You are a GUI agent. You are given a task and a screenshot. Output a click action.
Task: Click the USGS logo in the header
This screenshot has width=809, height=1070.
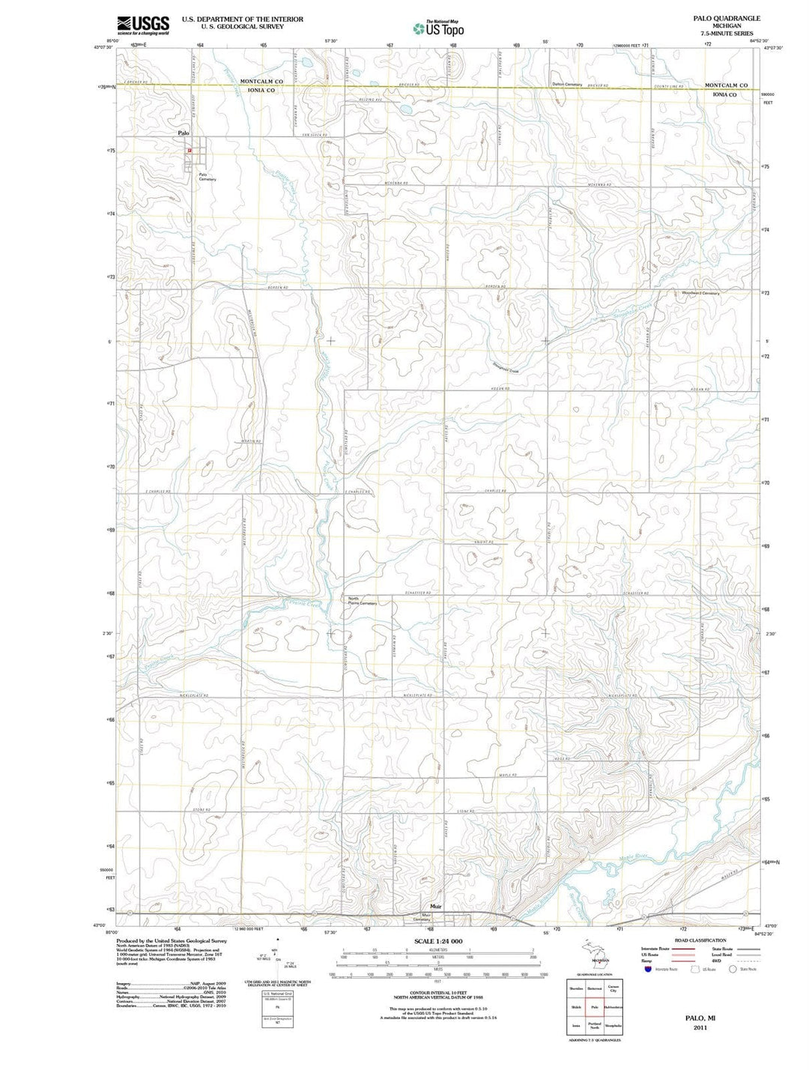click(x=143, y=25)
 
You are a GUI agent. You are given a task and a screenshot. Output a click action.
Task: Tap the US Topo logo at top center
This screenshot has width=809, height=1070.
click(x=438, y=28)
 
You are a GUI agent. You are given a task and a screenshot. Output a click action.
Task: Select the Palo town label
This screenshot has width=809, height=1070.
click(x=184, y=133)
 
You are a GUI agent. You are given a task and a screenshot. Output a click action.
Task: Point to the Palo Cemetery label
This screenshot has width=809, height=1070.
click(x=207, y=178)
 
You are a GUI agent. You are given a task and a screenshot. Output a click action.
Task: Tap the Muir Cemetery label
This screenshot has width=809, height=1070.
click(x=425, y=917)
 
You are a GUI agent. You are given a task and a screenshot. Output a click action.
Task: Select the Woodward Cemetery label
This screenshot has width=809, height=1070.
click(x=700, y=293)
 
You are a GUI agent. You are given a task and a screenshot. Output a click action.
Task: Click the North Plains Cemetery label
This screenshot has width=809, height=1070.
click(x=363, y=600)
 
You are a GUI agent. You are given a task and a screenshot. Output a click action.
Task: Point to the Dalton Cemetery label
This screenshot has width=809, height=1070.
click(x=567, y=84)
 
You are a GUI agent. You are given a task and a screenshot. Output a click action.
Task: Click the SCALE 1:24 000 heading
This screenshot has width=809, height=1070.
click(x=438, y=941)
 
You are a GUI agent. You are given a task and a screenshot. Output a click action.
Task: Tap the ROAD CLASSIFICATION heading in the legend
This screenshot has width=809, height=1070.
click(x=700, y=940)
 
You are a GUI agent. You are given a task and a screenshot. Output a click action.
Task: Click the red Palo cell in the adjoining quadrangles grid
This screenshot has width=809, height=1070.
click(x=595, y=1006)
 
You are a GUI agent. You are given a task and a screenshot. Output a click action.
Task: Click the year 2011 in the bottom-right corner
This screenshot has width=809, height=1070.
click(x=700, y=1027)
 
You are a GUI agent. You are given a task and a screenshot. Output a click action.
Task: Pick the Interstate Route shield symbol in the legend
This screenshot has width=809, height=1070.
click(x=647, y=969)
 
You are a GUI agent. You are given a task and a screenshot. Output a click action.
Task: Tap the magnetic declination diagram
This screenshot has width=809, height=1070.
click(x=278, y=955)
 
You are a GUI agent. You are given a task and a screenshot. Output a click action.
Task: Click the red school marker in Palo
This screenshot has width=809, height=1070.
click(x=190, y=150)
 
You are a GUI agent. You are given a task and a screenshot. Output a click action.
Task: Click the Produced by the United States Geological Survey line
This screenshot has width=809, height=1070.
click(x=171, y=940)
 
